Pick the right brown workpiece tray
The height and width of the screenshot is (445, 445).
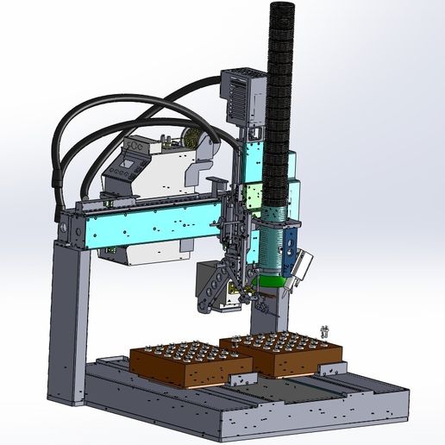point(285,354)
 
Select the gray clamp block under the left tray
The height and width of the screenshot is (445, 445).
point(241,379)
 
